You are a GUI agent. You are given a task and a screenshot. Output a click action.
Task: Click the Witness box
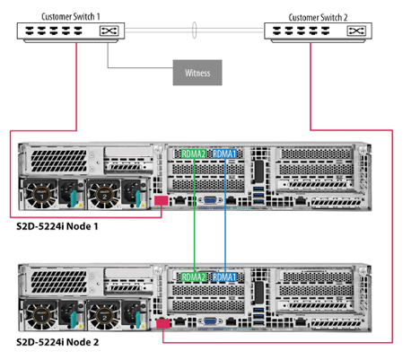[197, 73]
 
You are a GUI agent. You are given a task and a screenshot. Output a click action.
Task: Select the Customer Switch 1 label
[71, 16]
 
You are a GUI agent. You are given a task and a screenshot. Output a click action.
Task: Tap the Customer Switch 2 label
[318, 17]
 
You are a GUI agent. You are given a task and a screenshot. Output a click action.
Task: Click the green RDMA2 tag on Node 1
[194, 154]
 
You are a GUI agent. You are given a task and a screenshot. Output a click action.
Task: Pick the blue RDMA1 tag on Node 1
[224, 154]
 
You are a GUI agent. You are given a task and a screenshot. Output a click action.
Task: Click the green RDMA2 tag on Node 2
[194, 277]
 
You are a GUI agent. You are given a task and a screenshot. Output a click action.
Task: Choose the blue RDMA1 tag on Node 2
[224, 277]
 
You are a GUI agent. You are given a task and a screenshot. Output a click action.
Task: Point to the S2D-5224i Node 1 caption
[57, 226]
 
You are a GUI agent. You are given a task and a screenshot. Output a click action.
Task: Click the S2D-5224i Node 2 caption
[57, 342]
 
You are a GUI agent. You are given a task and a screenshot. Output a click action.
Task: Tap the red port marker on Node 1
[162, 200]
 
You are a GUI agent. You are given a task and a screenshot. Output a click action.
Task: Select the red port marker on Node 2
[163, 324]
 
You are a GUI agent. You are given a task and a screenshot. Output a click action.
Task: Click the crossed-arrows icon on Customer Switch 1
[109, 31]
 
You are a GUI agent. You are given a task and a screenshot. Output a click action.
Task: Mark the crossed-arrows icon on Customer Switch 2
[356, 31]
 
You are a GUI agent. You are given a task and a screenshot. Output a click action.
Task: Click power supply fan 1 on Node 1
[41, 195]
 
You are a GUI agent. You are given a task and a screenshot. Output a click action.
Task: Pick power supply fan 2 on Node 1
[104, 195]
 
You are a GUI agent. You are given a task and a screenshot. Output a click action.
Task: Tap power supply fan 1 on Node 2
[41, 316]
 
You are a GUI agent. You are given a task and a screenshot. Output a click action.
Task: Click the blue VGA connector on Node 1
[210, 200]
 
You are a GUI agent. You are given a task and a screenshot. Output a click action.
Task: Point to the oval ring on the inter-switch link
[194, 30]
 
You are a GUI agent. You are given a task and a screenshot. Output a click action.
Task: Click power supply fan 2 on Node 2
[104, 316]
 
